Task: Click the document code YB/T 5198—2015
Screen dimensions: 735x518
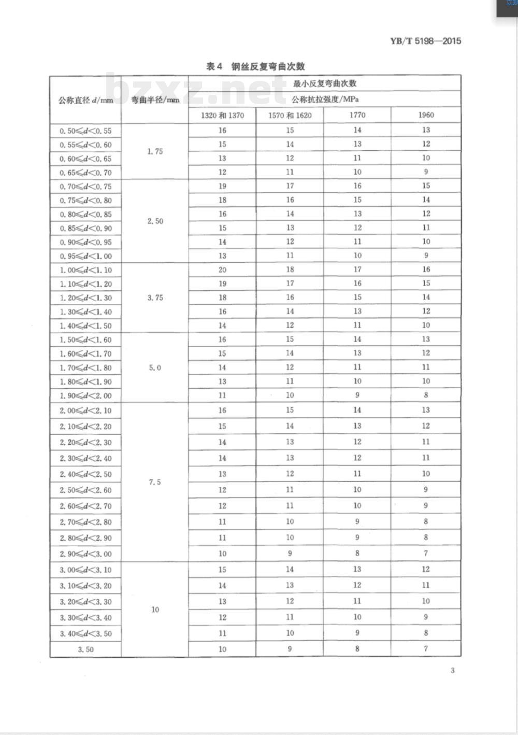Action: [425, 41]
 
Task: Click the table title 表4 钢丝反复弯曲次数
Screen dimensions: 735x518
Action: [255, 66]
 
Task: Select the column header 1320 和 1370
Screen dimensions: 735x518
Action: [222, 115]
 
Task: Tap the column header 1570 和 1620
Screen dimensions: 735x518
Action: [290, 115]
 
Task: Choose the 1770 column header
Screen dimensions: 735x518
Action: [357, 115]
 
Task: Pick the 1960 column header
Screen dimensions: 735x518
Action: [426, 115]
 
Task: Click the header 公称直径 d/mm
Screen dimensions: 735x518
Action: [85, 100]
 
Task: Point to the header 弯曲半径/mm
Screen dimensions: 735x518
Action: [155, 100]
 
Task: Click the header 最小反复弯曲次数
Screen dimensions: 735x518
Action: [325, 83]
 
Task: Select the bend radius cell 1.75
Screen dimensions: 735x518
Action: [155, 151]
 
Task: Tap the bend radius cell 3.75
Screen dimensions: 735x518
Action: [155, 298]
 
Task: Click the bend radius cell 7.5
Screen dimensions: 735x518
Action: [155, 482]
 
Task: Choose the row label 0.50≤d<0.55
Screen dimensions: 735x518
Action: [85, 131]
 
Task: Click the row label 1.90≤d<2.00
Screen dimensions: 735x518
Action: [85, 395]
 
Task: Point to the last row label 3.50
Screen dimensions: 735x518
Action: [85, 649]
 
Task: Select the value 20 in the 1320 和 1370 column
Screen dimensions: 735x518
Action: [222, 270]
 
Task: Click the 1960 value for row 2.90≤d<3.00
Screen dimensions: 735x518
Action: [426, 553]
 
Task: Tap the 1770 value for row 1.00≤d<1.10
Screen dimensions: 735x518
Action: [357, 270]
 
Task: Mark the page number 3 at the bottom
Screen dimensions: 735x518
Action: [452, 670]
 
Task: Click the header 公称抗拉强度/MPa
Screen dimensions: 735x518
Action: [325, 99]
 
